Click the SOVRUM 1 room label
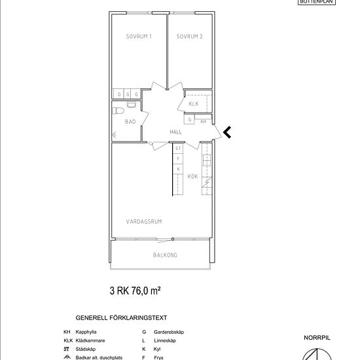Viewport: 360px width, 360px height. tap(139, 36)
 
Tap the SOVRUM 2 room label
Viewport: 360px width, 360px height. tap(190, 36)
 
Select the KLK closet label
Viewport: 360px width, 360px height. tap(194, 104)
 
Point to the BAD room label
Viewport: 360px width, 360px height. tap(130, 122)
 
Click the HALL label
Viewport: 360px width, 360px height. tap(175, 132)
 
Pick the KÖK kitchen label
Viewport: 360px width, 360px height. tap(192, 176)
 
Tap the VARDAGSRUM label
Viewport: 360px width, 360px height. tap(144, 221)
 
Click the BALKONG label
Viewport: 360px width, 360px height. tap(165, 255)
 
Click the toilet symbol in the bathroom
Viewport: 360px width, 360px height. tap(118, 111)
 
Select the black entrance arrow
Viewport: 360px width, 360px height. tap(227, 132)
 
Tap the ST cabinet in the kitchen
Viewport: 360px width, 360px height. tap(178, 149)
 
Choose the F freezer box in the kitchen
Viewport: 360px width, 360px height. tap(178, 158)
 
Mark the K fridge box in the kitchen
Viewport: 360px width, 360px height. tap(178, 169)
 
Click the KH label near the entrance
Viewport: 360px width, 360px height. tap(203, 122)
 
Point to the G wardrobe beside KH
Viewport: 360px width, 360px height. tap(189, 119)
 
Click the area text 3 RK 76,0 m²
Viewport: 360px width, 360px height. tap(135, 291)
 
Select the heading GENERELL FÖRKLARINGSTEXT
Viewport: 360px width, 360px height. tap(121, 317)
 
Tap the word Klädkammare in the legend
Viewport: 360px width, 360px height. tap(90, 340)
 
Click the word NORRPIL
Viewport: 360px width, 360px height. tap(317, 338)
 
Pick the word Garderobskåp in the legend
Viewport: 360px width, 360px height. tap(169, 332)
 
